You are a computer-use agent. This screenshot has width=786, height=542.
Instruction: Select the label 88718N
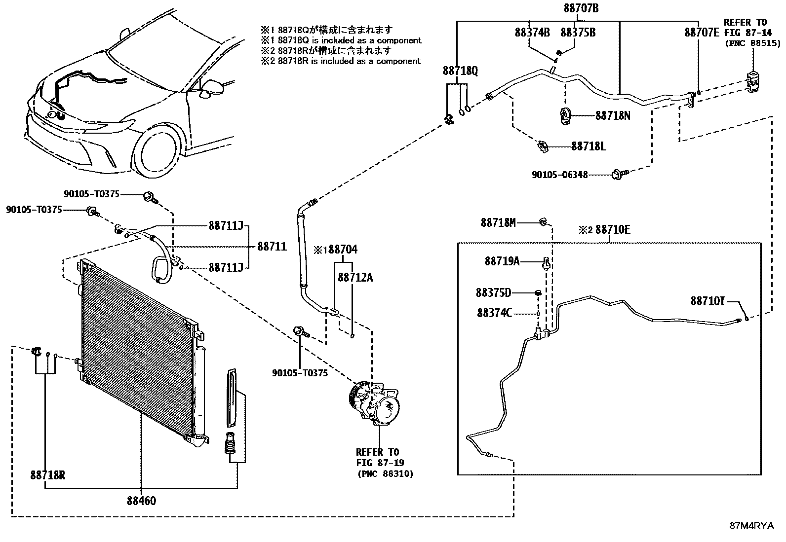tap(613, 115)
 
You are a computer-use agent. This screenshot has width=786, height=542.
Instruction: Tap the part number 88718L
tap(589, 146)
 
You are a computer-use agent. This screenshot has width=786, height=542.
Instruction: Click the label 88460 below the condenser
tap(141, 501)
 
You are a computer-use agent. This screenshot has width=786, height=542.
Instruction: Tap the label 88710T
tap(707, 300)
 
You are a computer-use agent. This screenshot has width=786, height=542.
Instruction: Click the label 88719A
tap(502, 261)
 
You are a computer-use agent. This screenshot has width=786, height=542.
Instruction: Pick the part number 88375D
tap(493, 293)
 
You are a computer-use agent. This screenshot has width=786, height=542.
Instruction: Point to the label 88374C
tap(494, 313)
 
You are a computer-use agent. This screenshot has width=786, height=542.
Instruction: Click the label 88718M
tap(498, 223)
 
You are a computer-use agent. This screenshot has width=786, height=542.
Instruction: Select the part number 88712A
tap(355, 278)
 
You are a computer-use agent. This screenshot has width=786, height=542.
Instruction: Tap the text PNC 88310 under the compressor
tap(385, 473)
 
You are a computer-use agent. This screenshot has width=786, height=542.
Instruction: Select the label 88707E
tap(702, 33)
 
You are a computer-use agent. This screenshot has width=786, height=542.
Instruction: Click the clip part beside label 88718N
tap(565, 115)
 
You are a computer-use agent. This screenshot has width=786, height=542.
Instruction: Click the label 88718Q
tap(460, 71)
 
